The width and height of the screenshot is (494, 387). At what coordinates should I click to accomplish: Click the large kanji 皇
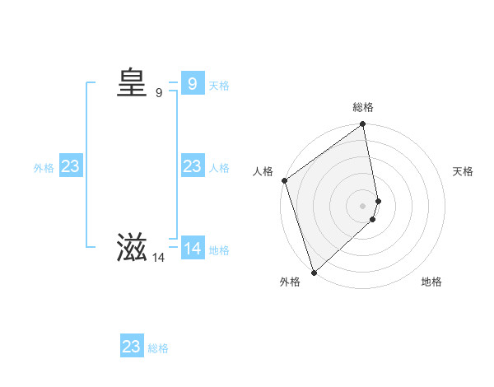(132, 83)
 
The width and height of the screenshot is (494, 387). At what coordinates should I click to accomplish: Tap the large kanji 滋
(132, 249)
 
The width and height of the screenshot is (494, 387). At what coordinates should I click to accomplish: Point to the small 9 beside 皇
(159, 93)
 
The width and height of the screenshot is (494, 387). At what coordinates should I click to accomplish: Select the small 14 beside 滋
(159, 258)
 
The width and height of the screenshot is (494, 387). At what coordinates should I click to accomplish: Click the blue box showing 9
(192, 83)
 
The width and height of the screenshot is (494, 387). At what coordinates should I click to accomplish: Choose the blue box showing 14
(192, 248)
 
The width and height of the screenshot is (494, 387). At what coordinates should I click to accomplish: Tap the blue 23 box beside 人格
(192, 166)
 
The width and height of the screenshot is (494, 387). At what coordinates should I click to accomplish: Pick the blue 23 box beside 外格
(71, 166)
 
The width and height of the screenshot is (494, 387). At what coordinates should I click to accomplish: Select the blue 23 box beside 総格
(132, 347)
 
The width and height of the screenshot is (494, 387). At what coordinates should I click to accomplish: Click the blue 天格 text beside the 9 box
(219, 86)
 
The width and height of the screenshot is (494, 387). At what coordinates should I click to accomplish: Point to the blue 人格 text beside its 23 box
(219, 168)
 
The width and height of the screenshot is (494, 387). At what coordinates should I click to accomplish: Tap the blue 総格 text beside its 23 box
(158, 348)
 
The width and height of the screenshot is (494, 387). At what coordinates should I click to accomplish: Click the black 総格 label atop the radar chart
(363, 107)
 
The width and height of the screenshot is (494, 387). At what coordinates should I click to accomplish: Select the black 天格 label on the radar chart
(463, 171)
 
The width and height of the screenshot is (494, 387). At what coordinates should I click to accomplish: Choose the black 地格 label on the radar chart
(431, 282)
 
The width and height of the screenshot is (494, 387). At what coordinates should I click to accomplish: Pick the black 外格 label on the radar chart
(289, 282)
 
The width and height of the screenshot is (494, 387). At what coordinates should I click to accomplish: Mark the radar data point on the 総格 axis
(363, 125)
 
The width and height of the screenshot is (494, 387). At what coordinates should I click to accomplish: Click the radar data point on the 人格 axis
(284, 180)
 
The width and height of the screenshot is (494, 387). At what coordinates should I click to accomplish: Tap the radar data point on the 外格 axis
(314, 272)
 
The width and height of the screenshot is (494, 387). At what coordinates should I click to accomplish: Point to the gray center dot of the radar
(363, 205)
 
